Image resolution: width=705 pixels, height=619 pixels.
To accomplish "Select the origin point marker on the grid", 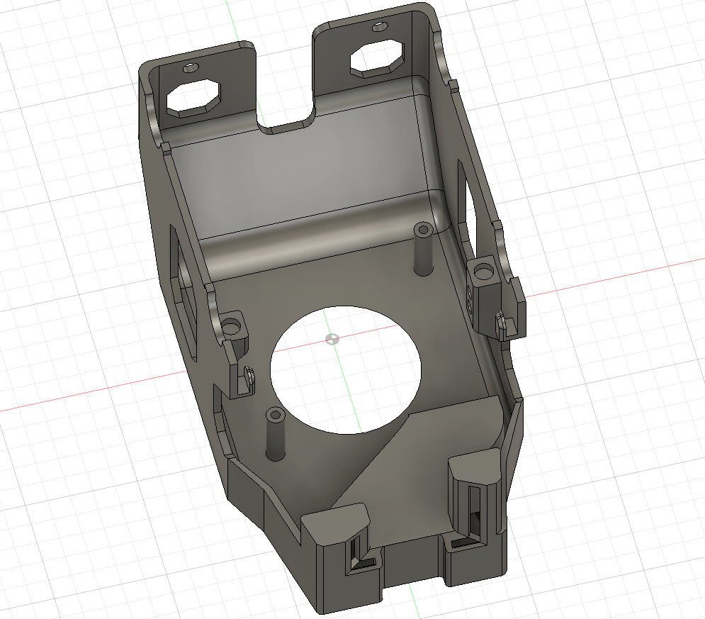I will point(330,338).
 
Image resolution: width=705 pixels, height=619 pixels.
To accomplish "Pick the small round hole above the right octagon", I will point(380,28).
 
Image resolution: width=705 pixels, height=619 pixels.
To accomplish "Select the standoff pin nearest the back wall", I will point(424,249).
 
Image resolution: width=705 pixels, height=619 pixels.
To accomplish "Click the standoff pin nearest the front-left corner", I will point(273,433).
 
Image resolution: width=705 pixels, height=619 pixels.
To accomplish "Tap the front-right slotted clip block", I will point(476,489).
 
